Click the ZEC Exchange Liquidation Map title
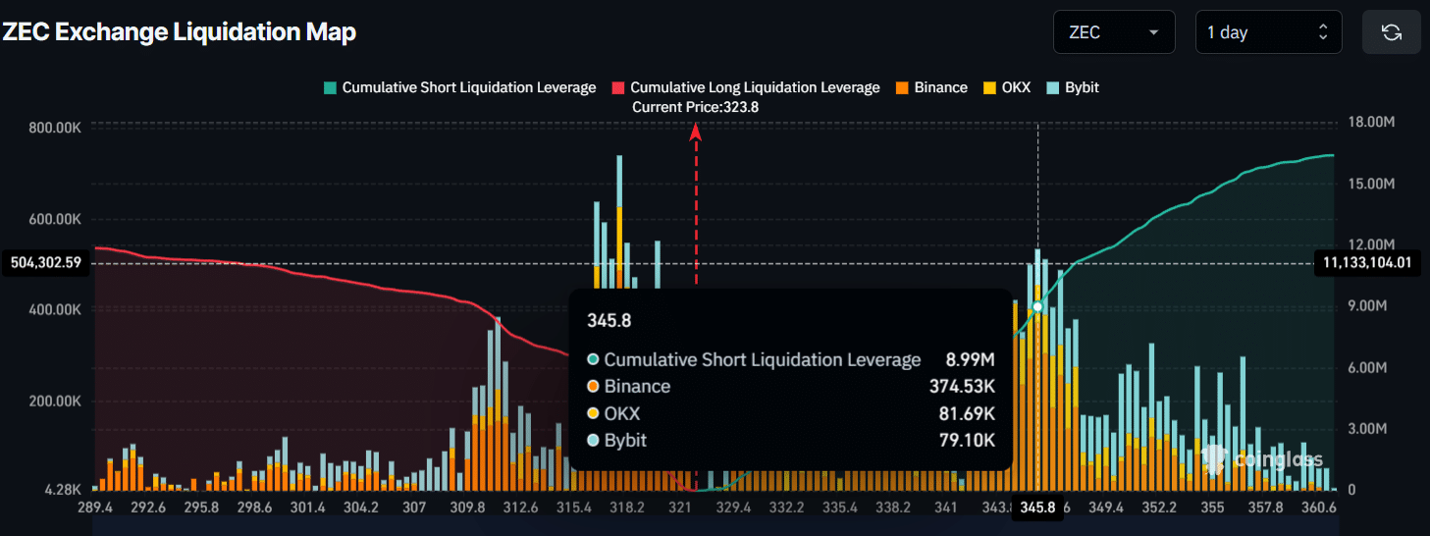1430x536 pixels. click(x=179, y=32)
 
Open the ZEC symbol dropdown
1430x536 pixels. click(x=1113, y=32)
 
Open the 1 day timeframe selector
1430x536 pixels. click(x=1268, y=32)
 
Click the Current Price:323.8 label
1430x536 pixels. click(x=695, y=107)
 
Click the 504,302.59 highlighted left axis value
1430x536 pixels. click(x=45, y=263)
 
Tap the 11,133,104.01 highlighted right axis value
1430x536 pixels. click(x=1365, y=262)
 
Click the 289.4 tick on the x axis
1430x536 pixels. click(x=96, y=508)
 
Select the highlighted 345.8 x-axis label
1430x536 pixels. click(x=1037, y=508)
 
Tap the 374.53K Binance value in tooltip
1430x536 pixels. click(x=962, y=387)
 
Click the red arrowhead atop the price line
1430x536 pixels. click(x=696, y=133)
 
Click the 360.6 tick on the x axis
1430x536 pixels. click(x=1318, y=508)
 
